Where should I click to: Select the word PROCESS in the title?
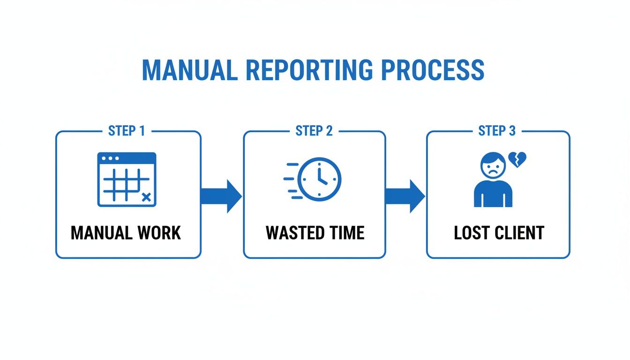(x=432, y=70)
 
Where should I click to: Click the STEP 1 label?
(x=127, y=131)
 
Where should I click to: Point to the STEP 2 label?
(x=314, y=131)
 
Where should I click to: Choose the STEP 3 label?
(x=497, y=131)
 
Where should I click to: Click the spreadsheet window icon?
(x=127, y=179)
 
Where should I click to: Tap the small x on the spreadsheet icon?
(x=146, y=198)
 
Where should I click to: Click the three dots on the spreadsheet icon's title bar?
(x=110, y=158)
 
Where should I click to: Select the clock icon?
(x=320, y=179)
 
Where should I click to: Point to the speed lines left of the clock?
(x=292, y=180)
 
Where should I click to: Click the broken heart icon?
(x=518, y=159)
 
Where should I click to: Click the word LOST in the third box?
(x=472, y=233)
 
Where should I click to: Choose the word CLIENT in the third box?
(x=519, y=233)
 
